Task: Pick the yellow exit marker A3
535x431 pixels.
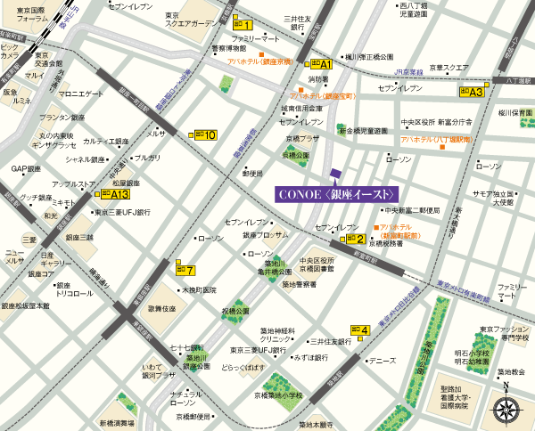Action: tap(471, 91)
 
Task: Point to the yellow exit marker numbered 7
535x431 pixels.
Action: tap(184, 270)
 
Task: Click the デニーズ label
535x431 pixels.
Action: tap(381, 361)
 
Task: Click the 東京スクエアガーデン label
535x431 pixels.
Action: tap(190, 20)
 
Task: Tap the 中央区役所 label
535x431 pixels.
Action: tap(417, 122)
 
